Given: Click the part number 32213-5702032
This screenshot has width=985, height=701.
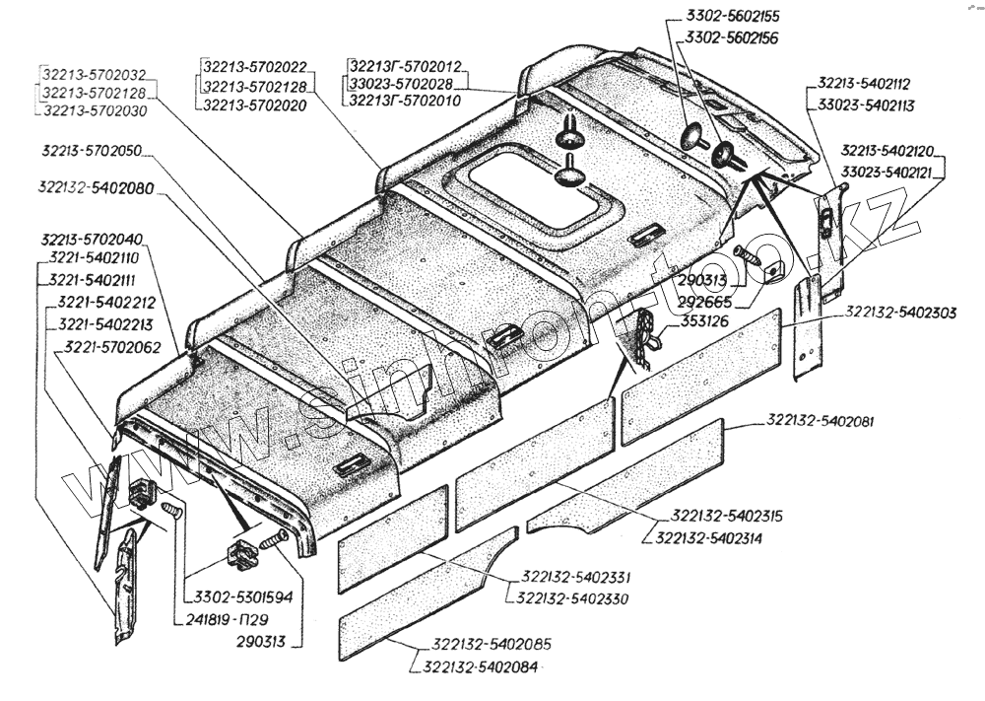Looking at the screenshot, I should tap(94, 74).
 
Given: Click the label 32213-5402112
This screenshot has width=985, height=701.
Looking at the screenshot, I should tap(864, 84).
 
